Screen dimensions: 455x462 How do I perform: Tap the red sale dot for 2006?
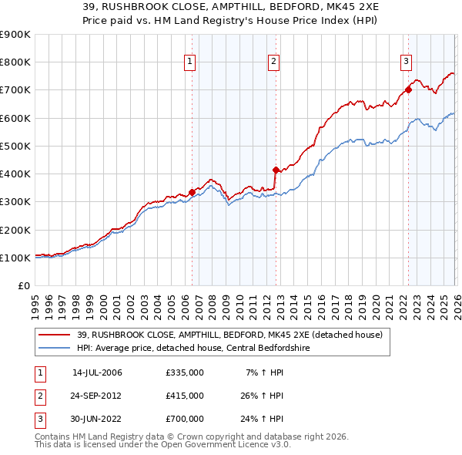[x=192, y=192]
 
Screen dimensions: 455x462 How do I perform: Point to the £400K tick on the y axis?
[x=15, y=174]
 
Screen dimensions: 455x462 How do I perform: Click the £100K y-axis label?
[x=15, y=258]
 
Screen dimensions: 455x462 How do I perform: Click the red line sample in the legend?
[x=55, y=335]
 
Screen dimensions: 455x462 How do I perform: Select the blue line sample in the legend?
[x=55, y=348]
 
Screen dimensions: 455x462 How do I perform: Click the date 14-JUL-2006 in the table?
[x=97, y=372]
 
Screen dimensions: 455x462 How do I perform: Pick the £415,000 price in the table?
[x=184, y=396]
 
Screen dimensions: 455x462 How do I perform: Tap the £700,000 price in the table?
[x=184, y=419]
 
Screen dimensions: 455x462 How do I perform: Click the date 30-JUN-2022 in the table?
[x=97, y=419]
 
